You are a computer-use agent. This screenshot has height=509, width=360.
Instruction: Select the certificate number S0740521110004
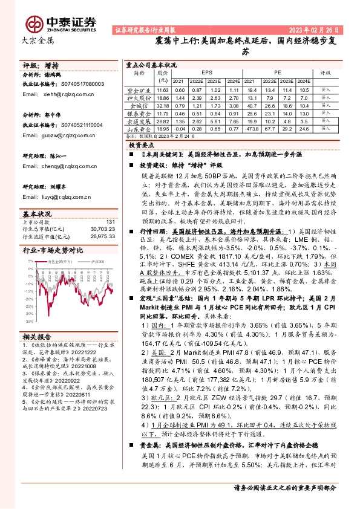(x=86, y=123)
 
